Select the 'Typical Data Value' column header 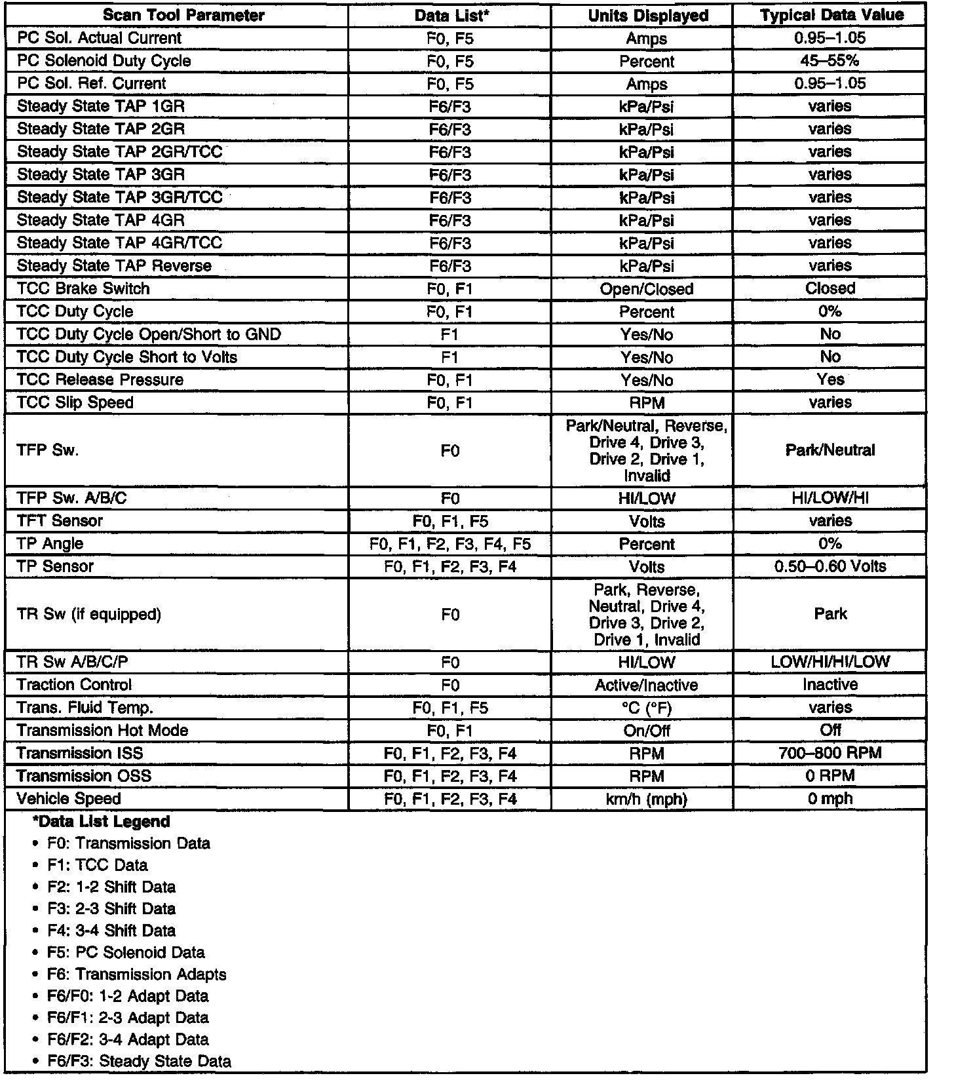[x=831, y=16]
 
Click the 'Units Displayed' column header [x=647, y=16]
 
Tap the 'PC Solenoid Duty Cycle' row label [x=104, y=61]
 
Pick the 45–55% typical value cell [x=830, y=61]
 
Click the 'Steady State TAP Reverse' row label [x=114, y=266]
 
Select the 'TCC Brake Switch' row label [x=83, y=289]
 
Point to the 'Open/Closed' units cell [x=647, y=289]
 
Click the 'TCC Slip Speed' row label [x=75, y=402]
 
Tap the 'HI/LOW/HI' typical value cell [x=830, y=499]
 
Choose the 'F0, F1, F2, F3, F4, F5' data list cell [x=450, y=544]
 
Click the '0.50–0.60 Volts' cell [x=830, y=567]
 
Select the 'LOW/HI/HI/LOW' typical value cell [x=830, y=662]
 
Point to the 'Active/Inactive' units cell [x=647, y=685]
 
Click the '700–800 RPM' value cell [x=830, y=754]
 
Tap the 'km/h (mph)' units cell [x=647, y=800]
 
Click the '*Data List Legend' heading [x=101, y=822]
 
